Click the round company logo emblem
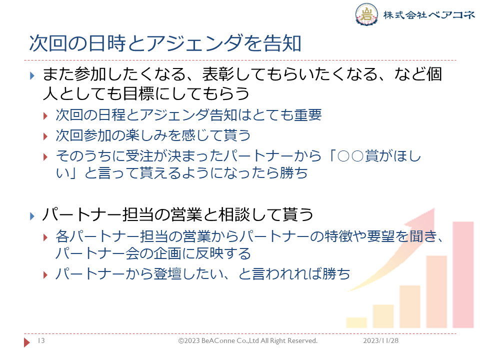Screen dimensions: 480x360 click(x=366, y=14)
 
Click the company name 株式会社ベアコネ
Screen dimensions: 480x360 click(x=429, y=14)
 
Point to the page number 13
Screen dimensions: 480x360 click(x=41, y=340)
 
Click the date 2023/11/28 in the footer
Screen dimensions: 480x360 click(x=381, y=340)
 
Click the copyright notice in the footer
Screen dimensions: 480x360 click(x=248, y=340)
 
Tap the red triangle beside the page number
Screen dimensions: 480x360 click(x=27, y=342)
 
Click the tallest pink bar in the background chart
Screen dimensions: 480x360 click(x=463, y=274)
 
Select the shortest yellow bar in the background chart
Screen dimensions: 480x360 click(x=356, y=322)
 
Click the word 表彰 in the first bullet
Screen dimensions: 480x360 click(x=218, y=74)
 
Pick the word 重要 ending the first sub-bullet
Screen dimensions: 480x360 click(x=307, y=115)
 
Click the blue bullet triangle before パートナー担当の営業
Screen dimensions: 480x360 click(x=32, y=216)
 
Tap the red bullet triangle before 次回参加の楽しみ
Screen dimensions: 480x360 click(x=45, y=136)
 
